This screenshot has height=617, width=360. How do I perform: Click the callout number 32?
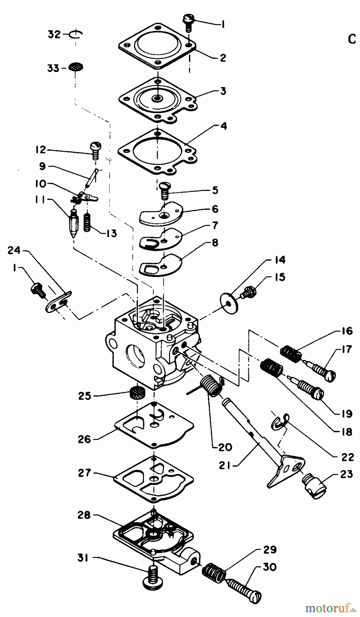54,34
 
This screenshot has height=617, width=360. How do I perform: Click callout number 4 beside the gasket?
223,126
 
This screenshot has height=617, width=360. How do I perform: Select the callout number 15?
280,276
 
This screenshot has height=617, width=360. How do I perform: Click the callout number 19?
347,414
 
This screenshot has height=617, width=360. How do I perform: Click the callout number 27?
84,473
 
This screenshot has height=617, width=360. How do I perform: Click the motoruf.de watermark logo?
328,608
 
